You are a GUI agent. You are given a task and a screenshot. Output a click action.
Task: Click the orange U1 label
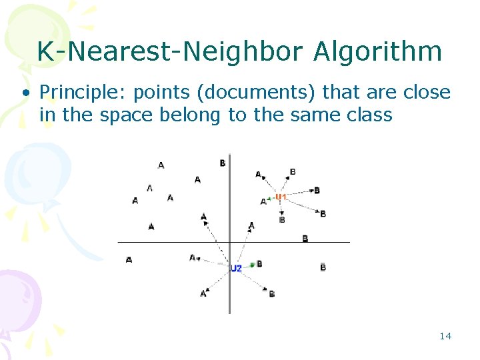(281, 197)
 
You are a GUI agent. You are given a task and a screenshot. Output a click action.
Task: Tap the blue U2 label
(236, 268)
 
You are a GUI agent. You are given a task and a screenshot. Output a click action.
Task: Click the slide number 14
(445, 336)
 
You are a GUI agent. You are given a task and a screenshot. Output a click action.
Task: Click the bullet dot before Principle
(25, 93)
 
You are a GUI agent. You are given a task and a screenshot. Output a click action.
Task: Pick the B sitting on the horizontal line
(305, 239)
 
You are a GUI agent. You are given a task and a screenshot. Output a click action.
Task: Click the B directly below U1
(282, 219)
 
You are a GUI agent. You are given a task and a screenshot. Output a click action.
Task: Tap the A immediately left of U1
(263, 201)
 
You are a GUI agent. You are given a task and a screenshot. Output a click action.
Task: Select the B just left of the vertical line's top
(222, 163)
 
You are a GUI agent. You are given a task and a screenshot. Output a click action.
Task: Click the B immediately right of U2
(259, 264)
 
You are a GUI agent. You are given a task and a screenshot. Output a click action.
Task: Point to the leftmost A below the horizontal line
(129, 259)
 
